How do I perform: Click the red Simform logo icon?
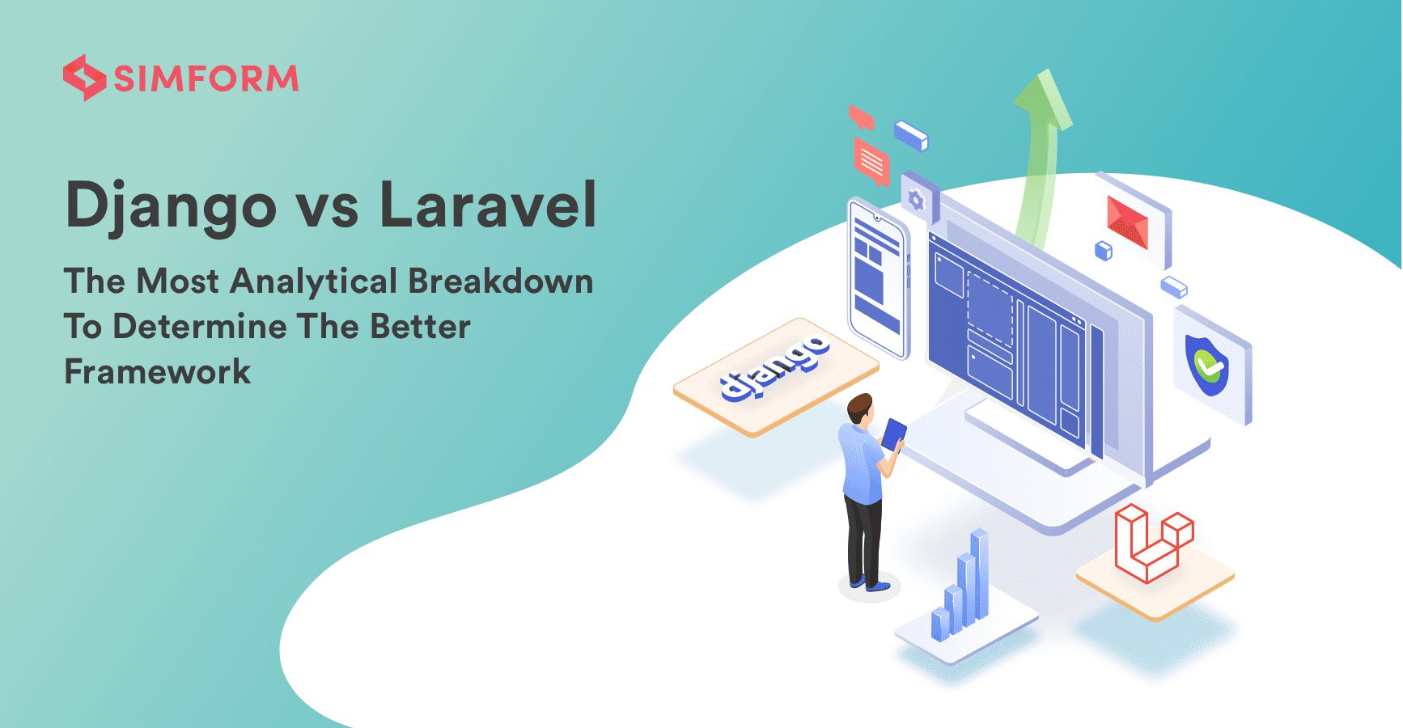[x=84, y=78]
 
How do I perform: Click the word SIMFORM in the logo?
[x=206, y=78]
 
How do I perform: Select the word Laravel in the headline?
[x=488, y=204]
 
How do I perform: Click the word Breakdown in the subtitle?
[x=500, y=281]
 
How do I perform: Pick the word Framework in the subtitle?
[x=158, y=371]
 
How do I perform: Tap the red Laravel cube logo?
[x=1153, y=542]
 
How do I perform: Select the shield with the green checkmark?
[x=1206, y=365]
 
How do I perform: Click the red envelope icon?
[x=1128, y=222]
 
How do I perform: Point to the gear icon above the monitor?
[x=916, y=199]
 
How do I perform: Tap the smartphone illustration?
[x=878, y=277]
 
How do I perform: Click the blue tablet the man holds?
[x=893, y=434]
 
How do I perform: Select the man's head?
[x=861, y=409]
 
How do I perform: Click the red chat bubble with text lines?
[x=871, y=161]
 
